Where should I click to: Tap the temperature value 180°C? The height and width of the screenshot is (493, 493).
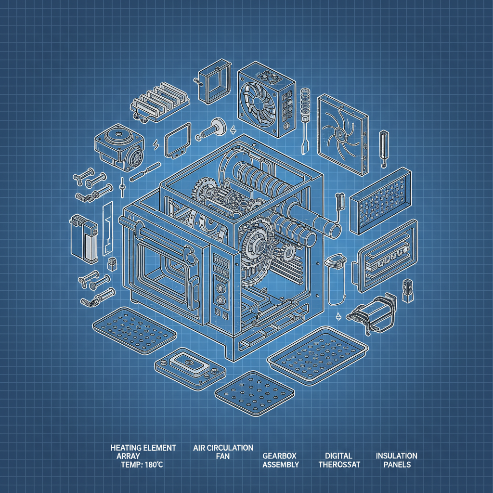click(x=154, y=465)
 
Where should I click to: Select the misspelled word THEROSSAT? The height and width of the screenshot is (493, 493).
click(x=339, y=465)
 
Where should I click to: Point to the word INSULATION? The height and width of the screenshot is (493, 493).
click(x=397, y=455)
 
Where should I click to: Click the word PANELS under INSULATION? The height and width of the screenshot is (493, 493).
click(x=397, y=465)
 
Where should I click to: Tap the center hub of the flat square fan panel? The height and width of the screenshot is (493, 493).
click(x=340, y=135)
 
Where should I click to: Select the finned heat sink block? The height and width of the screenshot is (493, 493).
click(x=160, y=101)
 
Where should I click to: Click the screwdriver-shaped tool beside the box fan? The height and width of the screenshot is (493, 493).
click(x=305, y=120)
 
